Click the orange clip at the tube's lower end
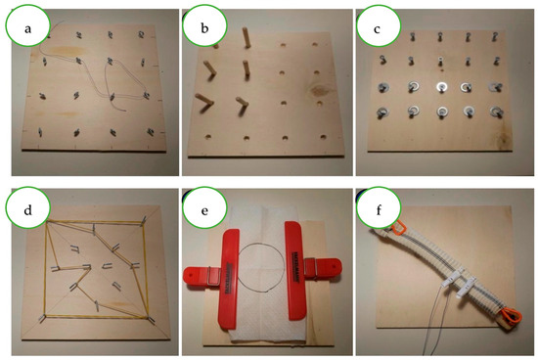click(x=512, y=316)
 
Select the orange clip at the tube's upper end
click(x=398, y=227)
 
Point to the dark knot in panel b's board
click(x=319, y=91)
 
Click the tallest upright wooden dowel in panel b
click(x=247, y=37)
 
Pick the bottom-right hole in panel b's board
click(x=323, y=137)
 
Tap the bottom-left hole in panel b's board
click(x=208, y=137)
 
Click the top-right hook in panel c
click(x=494, y=37)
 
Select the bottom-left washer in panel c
click(x=381, y=112)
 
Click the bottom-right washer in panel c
click(x=496, y=112)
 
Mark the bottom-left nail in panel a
click(x=40, y=132)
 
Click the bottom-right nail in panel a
click(x=151, y=131)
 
